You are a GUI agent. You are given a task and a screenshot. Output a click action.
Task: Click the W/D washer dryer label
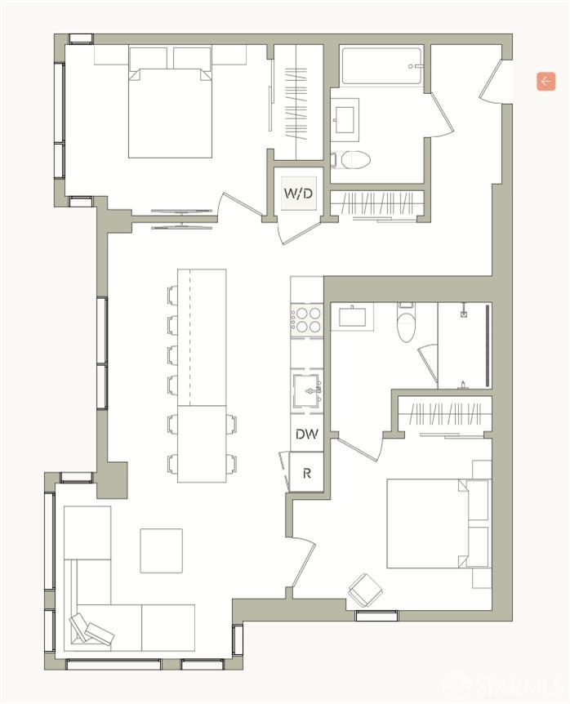pyautogui.click(x=298, y=194)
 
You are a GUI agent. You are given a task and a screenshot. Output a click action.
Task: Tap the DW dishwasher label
pyautogui.click(x=306, y=434)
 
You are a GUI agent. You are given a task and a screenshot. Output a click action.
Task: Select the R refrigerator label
pyautogui.click(x=306, y=474)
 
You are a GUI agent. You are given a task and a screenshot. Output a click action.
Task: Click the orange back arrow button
pyautogui.click(x=546, y=81)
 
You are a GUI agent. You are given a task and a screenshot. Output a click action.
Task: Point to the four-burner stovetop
pyautogui.click(x=307, y=319)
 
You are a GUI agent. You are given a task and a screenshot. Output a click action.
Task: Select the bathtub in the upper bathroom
pyautogui.click(x=382, y=66)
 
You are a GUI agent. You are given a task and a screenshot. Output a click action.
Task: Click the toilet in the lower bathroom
pyautogui.click(x=406, y=325)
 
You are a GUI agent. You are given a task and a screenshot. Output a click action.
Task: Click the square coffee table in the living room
pyautogui.click(x=161, y=550)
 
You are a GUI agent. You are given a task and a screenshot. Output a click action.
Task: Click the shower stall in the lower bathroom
pyautogui.click(x=463, y=345)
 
